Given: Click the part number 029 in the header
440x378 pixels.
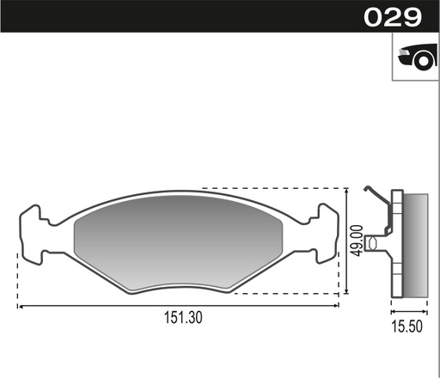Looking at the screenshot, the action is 393,17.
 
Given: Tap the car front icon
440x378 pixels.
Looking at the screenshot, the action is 418,58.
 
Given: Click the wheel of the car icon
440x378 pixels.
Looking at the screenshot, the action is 424,61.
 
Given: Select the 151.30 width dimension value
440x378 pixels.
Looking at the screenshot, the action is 183,317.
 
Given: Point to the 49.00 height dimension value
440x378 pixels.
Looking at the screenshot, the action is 357,241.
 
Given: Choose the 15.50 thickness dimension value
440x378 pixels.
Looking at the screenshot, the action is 406,326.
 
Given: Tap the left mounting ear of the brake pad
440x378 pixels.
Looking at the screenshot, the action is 33,234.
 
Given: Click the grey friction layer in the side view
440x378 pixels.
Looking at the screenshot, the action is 415,246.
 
